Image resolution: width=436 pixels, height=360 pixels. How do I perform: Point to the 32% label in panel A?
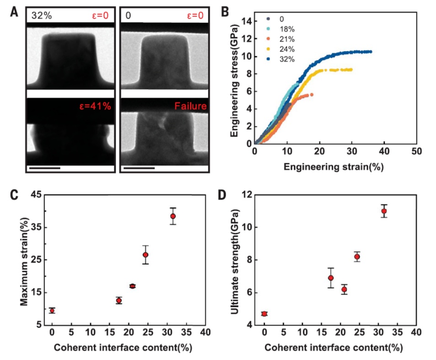(x=42, y=15)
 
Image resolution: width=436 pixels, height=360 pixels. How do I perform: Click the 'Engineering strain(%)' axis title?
(x=333, y=167)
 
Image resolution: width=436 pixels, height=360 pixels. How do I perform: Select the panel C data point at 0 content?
(x=52, y=311)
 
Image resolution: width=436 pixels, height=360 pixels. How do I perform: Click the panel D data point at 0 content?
(x=264, y=313)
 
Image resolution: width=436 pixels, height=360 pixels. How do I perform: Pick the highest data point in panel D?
(x=384, y=211)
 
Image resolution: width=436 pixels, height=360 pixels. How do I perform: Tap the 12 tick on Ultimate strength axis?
(x=247, y=195)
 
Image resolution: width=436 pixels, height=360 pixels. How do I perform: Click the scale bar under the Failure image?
(x=138, y=167)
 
